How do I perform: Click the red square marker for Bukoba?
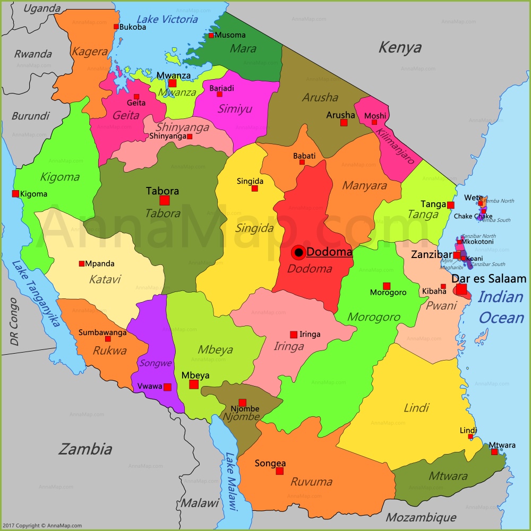coord(116,27)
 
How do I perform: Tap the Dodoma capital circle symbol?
coord(299,252)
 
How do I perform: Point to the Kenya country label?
coord(399,47)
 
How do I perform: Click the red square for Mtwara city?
coord(494,452)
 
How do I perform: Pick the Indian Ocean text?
coord(500,307)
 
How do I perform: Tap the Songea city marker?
coord(279,471)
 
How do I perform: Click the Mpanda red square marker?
coord(82,264)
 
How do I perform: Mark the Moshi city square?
coord(374,122)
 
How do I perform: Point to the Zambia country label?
coord(85,449)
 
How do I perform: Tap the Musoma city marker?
coord(211,36)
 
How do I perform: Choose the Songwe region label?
coord(156,363)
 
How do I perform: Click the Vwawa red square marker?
coord(167,387)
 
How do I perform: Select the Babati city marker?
coord(302,162)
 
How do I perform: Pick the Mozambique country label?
coord(421,517)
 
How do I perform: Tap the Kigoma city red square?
coord(15,194)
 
